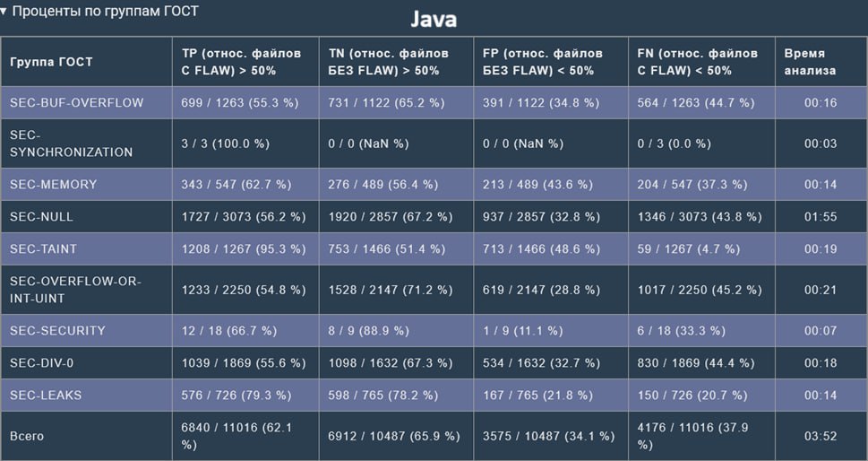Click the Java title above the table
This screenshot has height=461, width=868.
(434, 20)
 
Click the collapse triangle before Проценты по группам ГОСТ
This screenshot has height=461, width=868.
(4, 11)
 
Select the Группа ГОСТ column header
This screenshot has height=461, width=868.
(51, 62)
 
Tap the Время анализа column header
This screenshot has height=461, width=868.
(810, 62)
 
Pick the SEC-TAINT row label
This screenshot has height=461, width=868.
(43, 249)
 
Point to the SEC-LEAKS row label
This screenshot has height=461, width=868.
(46, 396)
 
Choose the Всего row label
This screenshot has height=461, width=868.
(27, 437)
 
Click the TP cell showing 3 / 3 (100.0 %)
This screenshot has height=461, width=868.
(226, 144)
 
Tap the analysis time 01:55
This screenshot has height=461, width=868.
(821, 217)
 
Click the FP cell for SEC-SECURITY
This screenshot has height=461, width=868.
(522, 331)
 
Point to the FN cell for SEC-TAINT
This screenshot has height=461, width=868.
(689, 249)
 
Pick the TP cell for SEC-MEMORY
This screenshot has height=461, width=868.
(236, 185)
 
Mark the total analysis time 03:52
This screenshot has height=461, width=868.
(821, 437)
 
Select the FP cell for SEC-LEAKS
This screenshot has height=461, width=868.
(537, 396)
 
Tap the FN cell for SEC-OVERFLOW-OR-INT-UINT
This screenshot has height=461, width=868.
(700, 291)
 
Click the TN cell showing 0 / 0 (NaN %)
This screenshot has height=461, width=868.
(368, 144)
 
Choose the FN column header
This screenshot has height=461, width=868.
(698, 62)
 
